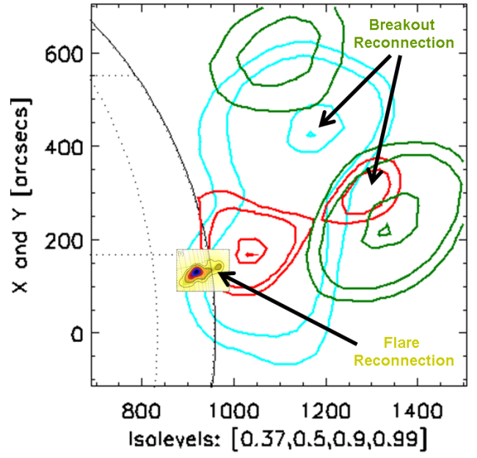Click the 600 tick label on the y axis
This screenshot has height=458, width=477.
click(64, 54)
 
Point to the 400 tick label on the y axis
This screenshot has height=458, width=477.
click(64, 147)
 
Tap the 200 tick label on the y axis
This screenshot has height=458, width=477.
click(64, 240)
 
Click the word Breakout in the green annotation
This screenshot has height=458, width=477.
click(404, 23)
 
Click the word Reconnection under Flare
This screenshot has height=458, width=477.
click(413, 360)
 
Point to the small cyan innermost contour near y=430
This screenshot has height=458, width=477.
click(310, 134)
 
